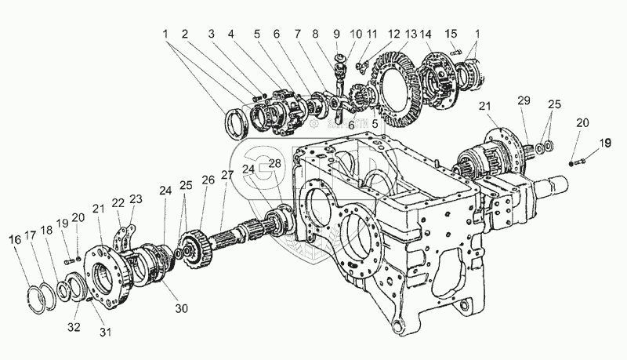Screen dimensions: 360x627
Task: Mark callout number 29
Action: point(524,102)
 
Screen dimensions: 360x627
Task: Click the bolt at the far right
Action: point(576,163)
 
